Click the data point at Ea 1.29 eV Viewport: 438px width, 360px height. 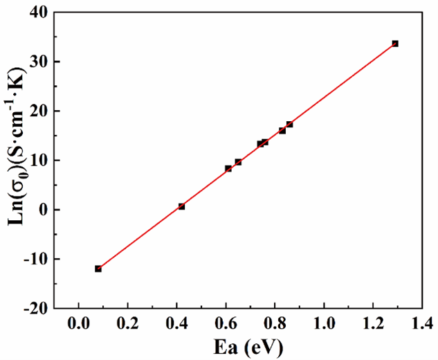point(395,44)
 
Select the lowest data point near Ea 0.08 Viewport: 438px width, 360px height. point(98,269)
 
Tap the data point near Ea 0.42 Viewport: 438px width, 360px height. point(181,206)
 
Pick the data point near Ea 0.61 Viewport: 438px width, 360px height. point(228,168)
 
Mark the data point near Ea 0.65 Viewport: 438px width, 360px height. point(238,162)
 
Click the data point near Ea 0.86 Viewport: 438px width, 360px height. point(289,125)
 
